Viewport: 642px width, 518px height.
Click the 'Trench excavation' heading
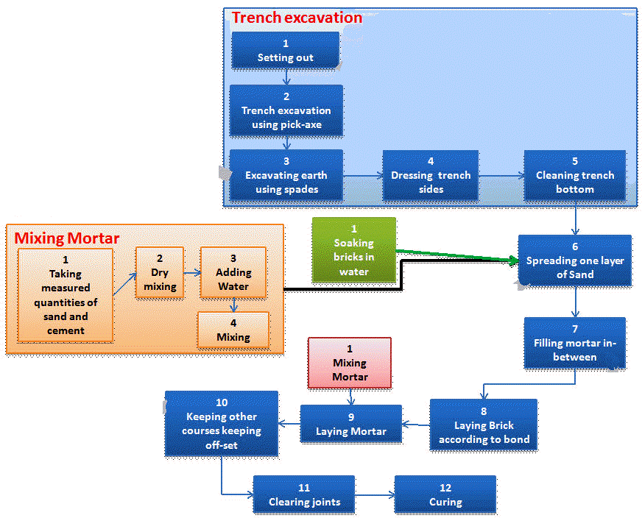[x=297, y=18]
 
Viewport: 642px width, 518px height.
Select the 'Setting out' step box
[x=286, y=51]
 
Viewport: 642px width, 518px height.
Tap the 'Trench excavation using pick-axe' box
[x=286, y=110]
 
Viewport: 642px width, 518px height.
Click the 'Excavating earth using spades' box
[x=286, y=175]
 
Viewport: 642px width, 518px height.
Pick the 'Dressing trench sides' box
[x=431, y=175]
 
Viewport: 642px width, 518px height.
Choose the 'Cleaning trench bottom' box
[x=575, y=175]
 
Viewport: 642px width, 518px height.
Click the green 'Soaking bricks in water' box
[x=354, y=250]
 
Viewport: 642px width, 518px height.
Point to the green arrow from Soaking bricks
[x=456, y=257]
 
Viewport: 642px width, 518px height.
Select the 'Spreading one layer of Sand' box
[x=575, y=260]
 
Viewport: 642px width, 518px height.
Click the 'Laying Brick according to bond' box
[x=484, y=425]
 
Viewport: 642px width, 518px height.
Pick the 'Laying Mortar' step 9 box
[x=351, y=424]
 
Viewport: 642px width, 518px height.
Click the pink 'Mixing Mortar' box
[x=350, y=362]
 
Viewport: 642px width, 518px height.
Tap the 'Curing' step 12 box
[x=445, y=494]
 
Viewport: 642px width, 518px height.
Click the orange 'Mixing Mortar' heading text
[x=67, y=238]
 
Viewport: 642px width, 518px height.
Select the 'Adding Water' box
[x=233, y=272]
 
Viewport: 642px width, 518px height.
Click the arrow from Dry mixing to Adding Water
[x=192, y=272]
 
